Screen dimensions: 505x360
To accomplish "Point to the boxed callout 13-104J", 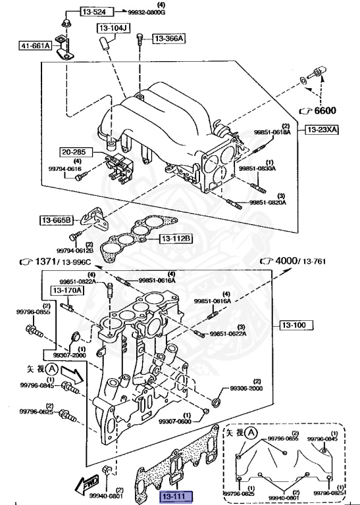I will coord(113,29).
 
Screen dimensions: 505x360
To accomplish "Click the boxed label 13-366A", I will coord(169,39).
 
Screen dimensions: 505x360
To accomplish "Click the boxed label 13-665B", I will coord(57,220).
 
